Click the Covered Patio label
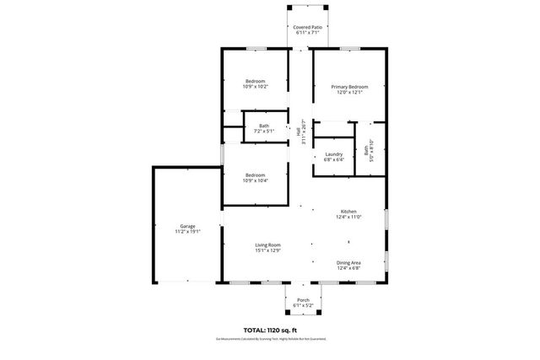click(x=307, y=27)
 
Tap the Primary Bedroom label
click(x=349, y=87)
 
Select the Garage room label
click(x=186, y=226)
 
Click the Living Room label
click(x=267, y=244)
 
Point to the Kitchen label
click(x=348, y=212)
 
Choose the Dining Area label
click(x=348, y=263)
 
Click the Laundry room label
click(x=333, y=154)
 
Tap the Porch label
click(x=303, y=299)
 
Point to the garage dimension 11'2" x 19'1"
click(x=186, y=232)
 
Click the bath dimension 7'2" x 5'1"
click(x=264, y=132)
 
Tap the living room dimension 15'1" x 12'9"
click(x=267, y=250)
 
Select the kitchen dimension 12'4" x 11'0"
click(x=348, y=218)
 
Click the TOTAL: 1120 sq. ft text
click(x=270, y=330)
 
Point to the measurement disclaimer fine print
click(x=270, y=339)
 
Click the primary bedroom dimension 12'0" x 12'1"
click(x=349, y=93)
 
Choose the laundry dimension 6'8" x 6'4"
click(x=333, y=160)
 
